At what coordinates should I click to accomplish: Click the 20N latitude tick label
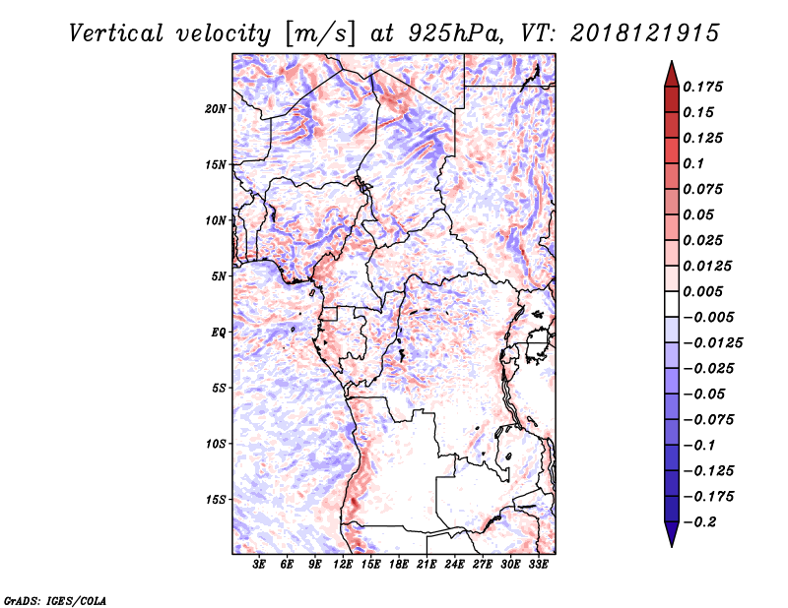[216, 109]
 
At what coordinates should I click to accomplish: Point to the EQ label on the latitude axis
[219, 333]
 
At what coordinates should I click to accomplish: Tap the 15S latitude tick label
[216, 500]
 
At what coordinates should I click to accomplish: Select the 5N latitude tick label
[219, 276]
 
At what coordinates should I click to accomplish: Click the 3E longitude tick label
[259, 565]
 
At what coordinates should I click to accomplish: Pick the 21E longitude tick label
[427, 565]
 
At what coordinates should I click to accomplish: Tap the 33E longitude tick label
[538, 565]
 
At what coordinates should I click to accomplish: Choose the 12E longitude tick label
[343, 565]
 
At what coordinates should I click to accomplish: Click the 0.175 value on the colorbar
[702, 87]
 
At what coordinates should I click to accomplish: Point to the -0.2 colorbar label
[699, 522]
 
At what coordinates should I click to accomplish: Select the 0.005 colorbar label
[702, 291]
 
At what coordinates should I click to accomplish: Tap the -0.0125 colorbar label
[712, 343]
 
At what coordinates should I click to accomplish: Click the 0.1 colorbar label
[693, 163]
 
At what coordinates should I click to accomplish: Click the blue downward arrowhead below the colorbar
[672, 534]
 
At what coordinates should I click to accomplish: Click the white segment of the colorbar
[672, 304]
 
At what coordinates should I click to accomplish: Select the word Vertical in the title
[116, 33]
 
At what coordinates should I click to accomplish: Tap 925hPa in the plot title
[454, 33]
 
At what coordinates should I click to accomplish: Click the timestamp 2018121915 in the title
[645, 33]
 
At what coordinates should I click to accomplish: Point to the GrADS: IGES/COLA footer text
[55, 601]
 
